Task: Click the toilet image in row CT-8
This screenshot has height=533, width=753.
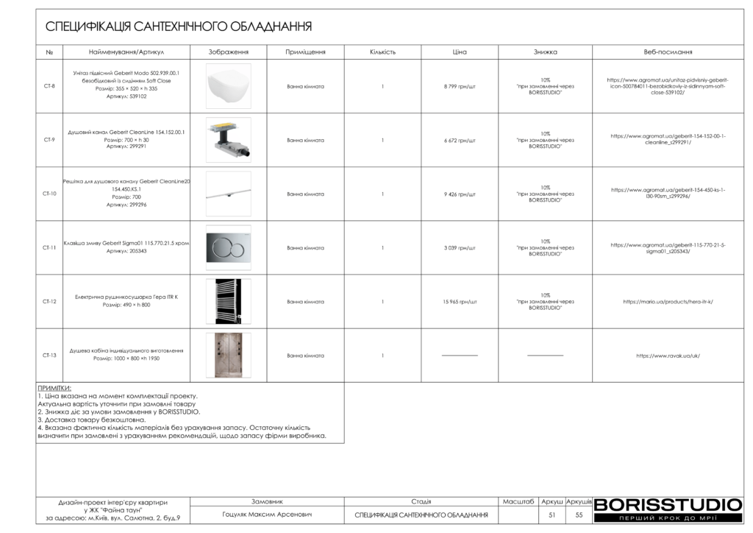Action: coord(229,86)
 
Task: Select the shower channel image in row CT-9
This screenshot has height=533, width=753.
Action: coord(229,140)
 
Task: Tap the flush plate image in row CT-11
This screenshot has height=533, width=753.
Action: coord(229,247)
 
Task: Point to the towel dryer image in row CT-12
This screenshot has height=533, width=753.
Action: coord(229,301)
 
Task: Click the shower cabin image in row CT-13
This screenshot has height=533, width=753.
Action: coord(229,356)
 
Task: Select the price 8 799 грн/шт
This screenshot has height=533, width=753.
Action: coord(460,86)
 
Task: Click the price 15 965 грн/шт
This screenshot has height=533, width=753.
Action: coord(460,302)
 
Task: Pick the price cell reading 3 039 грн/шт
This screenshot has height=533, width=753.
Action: coord(460,248)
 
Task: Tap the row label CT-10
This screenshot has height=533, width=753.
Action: coord(49,194)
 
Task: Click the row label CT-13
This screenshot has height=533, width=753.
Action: coord(49,356)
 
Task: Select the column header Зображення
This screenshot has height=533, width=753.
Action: coord(229,52)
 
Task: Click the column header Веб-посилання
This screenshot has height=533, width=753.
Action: coord(668,52)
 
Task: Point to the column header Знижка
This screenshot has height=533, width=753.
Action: coord(545,52)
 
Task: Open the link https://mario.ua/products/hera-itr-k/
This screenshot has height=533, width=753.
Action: coord(668,302)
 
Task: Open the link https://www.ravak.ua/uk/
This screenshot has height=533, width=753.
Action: coord(668,356)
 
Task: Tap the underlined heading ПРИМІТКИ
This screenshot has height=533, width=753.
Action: coord(54,388)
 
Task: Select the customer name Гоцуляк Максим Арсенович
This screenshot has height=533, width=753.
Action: coord(267,515)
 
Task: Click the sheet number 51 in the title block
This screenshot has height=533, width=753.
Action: coord(552,515)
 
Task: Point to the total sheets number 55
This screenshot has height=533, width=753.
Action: coord(579,515)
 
